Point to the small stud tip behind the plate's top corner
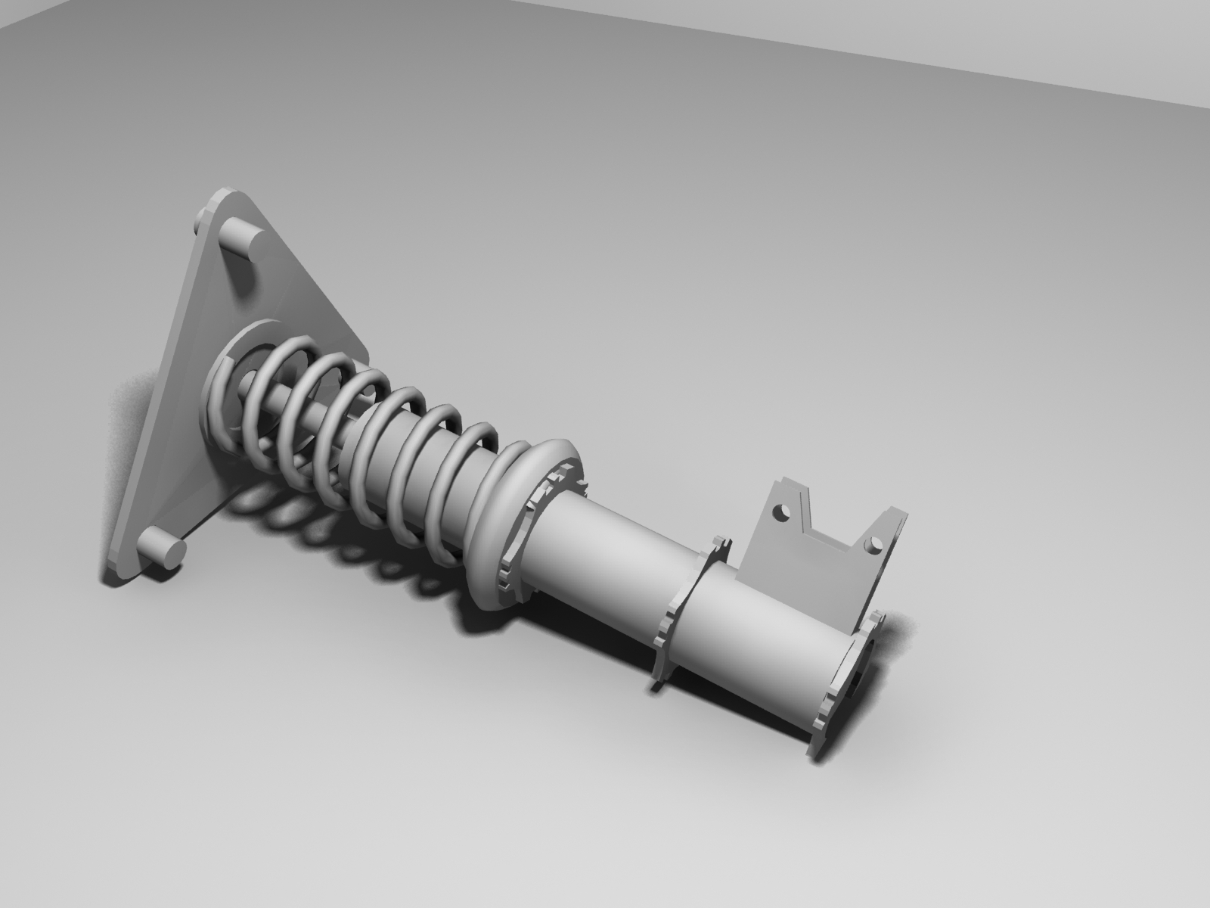click(200, 224)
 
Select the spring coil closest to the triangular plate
click(227, 393)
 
